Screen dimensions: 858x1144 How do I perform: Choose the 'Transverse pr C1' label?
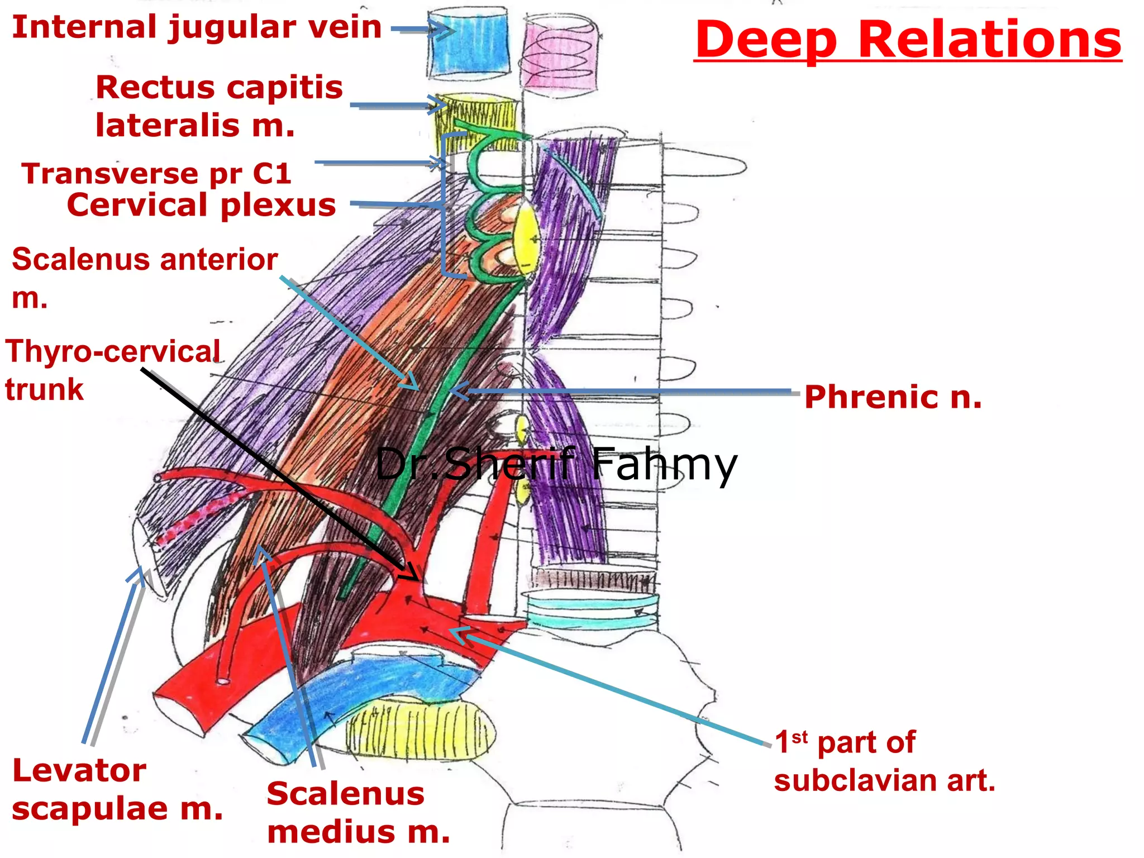(x=156, y=173)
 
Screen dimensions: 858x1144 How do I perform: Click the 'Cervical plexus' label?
(x=201, y=205)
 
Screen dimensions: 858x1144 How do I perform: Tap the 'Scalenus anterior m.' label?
(x=144, y=277)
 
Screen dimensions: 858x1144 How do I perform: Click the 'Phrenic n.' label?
(x=893, y=397)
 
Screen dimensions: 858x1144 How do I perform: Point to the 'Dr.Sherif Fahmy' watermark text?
(x=556, y=464)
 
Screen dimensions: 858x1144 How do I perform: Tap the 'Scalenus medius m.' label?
(x=357, y=813)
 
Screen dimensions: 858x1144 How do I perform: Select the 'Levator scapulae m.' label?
(x=117, y=789)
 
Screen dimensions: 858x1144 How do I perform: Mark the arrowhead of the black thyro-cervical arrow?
(x=413, y=575)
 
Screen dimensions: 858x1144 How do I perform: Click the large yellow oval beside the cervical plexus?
(x=526, y=240)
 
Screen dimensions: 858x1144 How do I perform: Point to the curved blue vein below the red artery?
(x=357, y=698)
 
